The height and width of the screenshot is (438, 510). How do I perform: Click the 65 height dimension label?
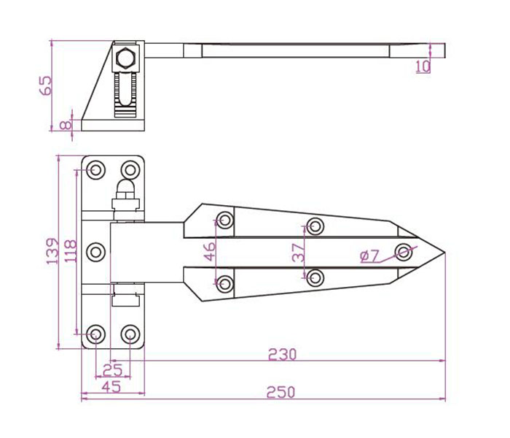tap(45, 85)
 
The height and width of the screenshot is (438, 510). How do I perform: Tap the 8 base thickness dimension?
tap(66, 125)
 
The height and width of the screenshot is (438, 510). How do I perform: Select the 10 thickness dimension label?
tap(423, 66)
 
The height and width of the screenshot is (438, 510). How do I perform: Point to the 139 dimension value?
tap(52, 251)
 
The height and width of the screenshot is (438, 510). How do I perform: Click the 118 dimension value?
tap(71, 251)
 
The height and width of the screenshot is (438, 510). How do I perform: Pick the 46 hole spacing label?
tap(210, 252)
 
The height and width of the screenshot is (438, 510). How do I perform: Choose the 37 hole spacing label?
tap(299, 253)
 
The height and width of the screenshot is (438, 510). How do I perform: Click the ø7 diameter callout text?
tap(370, 256)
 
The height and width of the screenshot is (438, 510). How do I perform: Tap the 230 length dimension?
tap(283, 355)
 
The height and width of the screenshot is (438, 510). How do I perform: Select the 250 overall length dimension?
tap(281, 393)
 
